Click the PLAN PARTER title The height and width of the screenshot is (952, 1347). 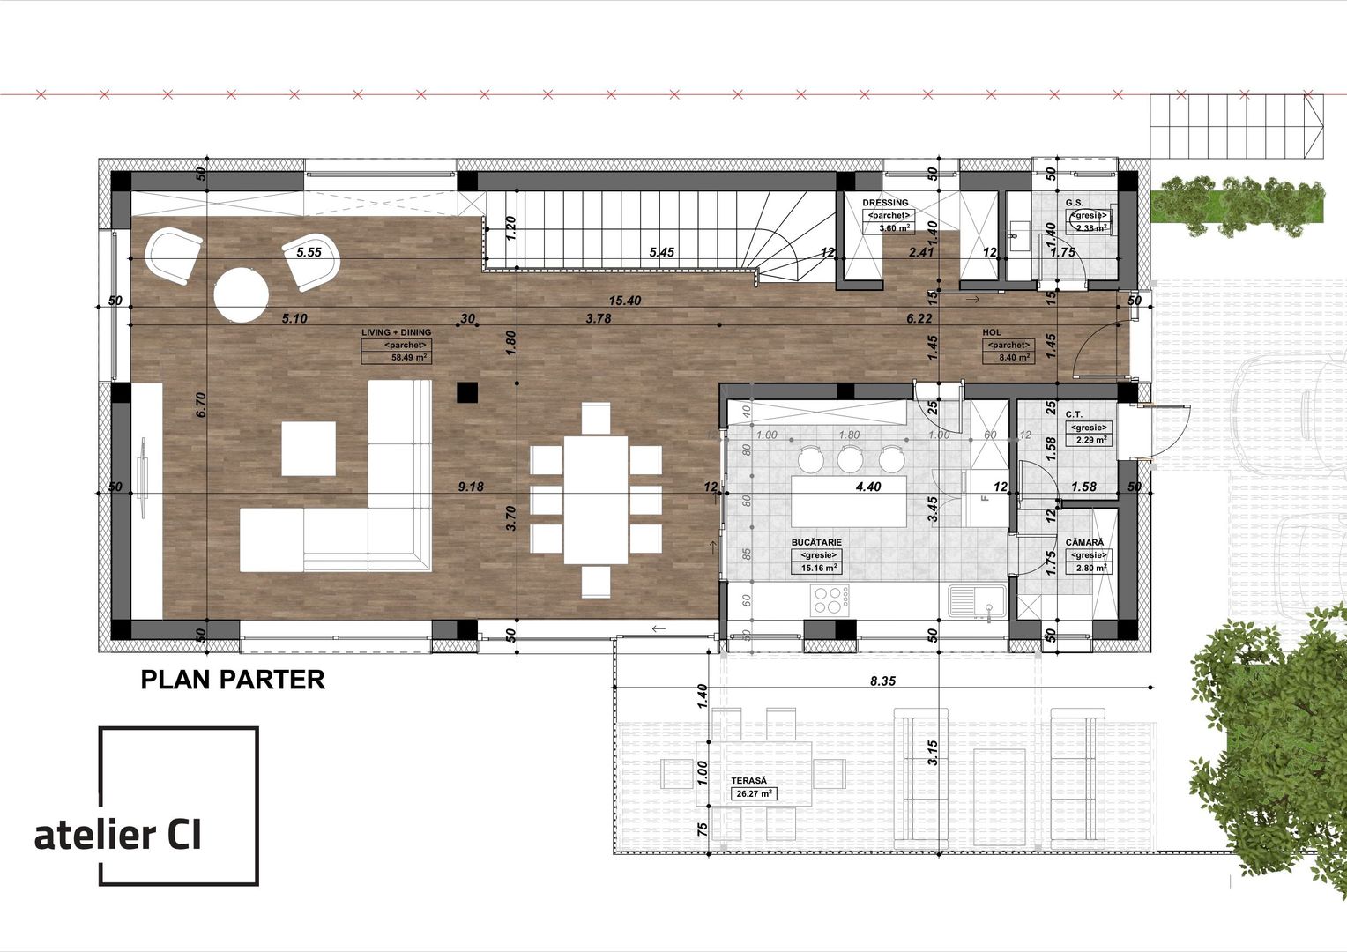pos(233,680)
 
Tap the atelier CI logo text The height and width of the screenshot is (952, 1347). pos(118,835)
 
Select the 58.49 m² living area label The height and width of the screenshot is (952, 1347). pos(409,358)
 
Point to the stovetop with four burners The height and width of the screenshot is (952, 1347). pos(827,600)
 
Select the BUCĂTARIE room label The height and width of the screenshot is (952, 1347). pos(816,542)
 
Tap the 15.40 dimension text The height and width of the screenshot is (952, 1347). pos(623,301)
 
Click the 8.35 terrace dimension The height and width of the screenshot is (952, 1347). pos(882,681)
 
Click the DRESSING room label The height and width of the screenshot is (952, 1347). pos(885,203)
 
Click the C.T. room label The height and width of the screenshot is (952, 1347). pos(1074,414)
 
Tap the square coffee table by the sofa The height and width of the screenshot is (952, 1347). pos(309,449)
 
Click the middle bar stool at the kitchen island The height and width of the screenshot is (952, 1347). pos(850,458)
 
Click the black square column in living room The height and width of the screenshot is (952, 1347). pos(466,391)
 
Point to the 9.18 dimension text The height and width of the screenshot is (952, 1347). pos(470,486)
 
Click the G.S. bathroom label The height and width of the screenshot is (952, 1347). pos(1074,203)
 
